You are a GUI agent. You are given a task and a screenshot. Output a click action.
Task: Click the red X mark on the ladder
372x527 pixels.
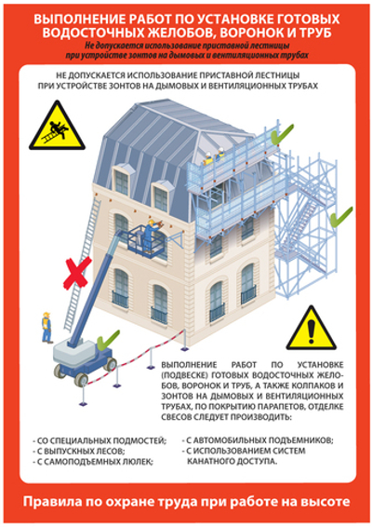pos(76,277)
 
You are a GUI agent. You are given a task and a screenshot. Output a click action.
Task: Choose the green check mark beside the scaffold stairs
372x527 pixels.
pos(341,216)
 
